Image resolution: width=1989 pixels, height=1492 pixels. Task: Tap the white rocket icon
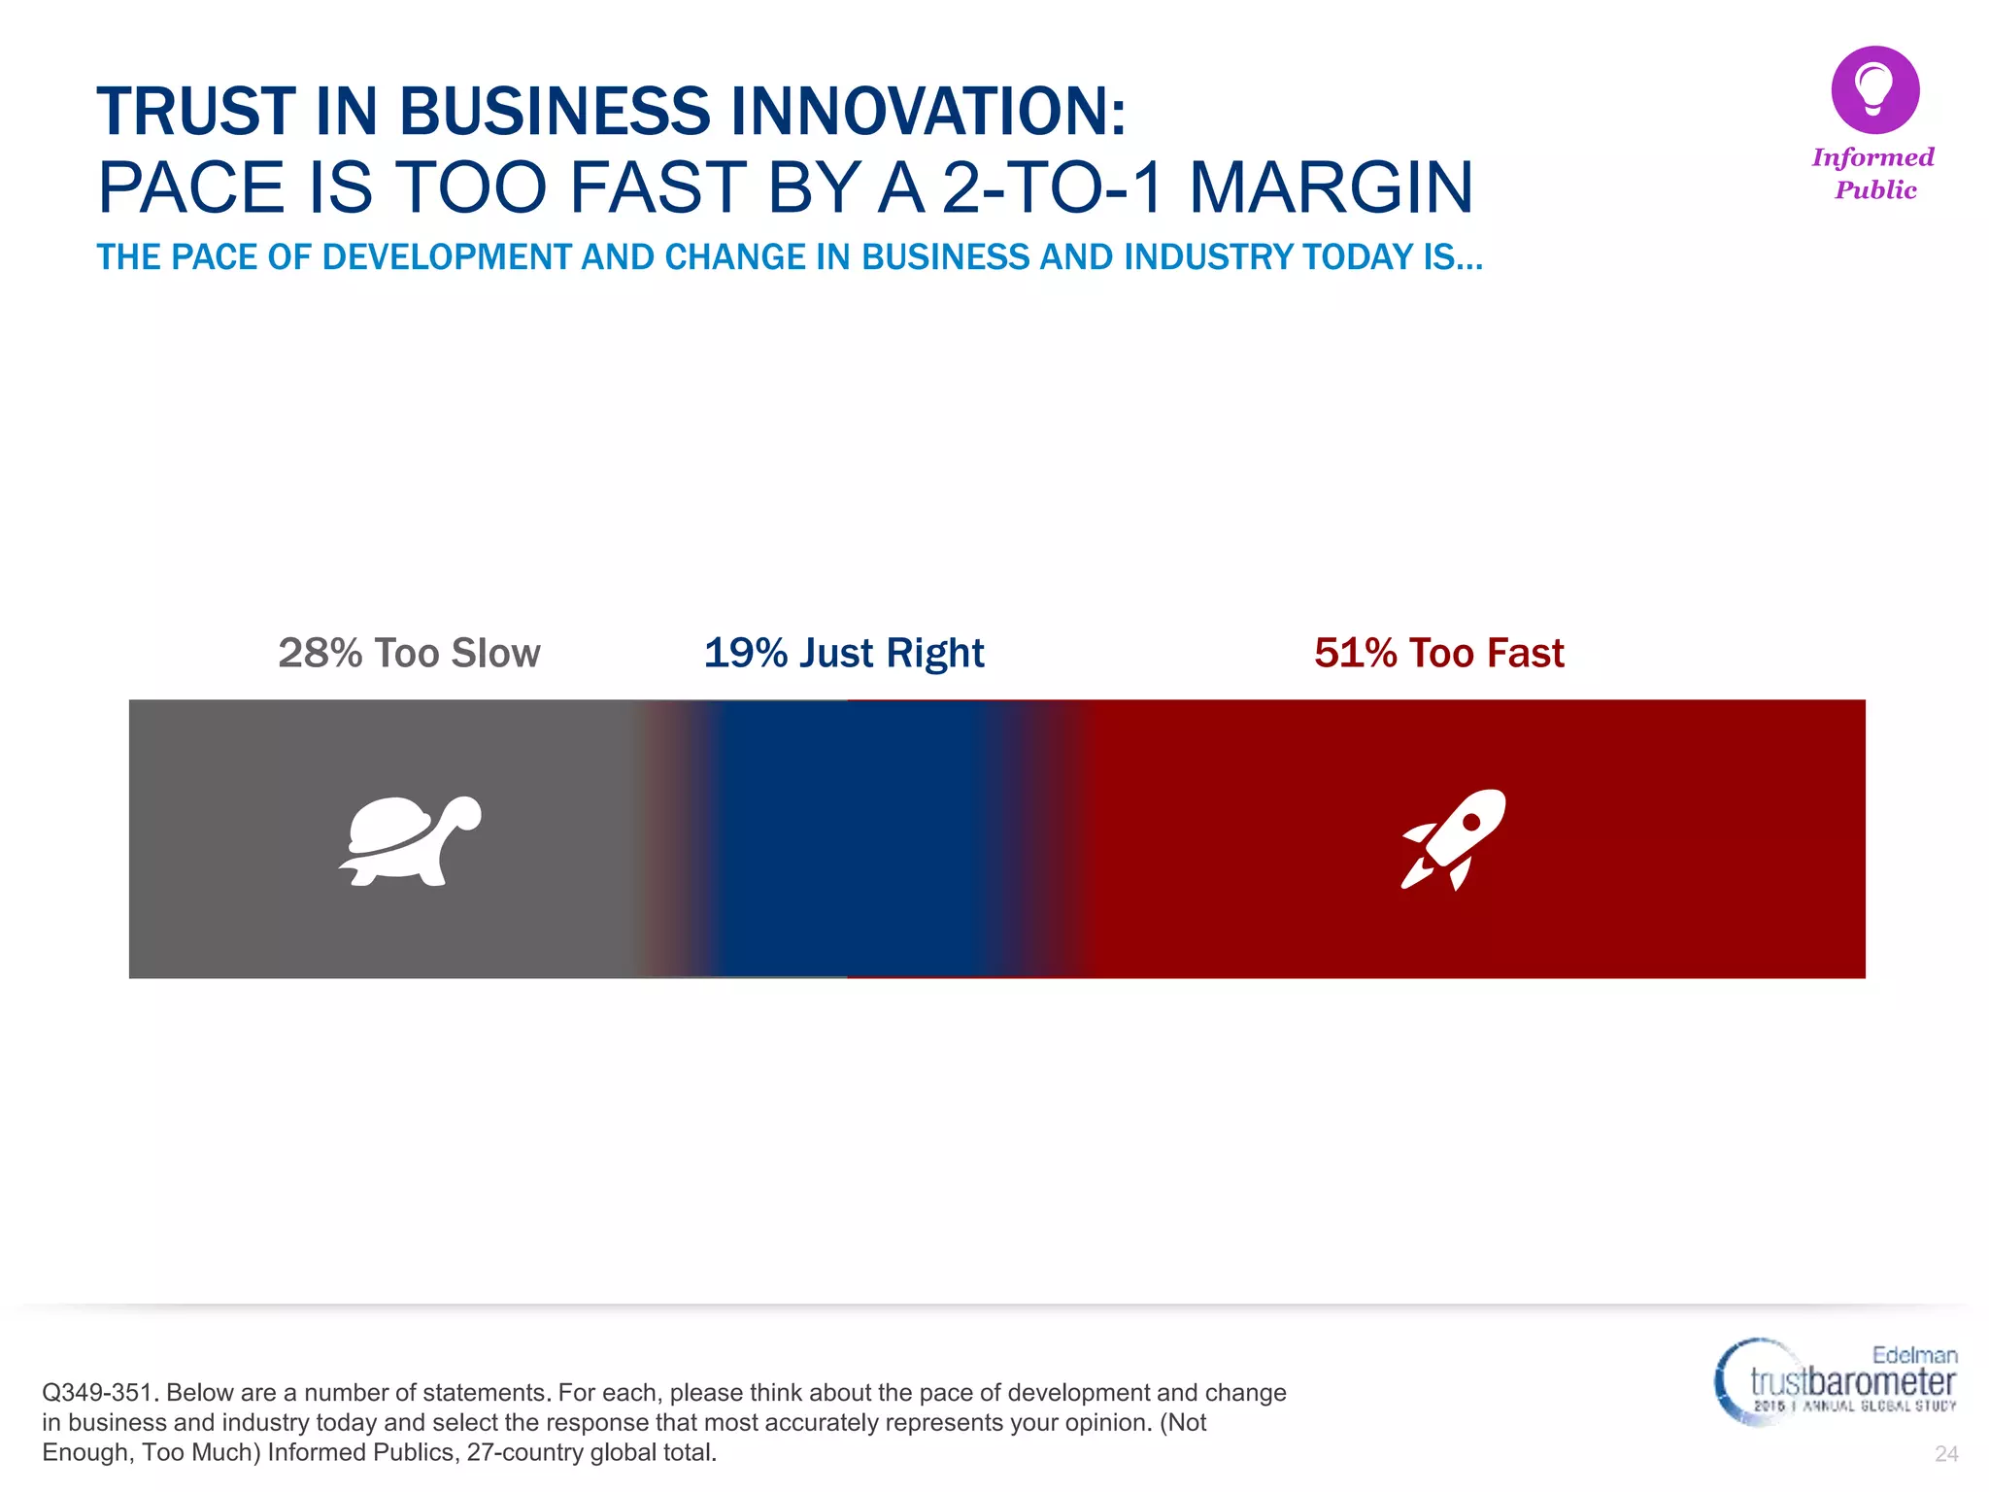tap(1454, 839)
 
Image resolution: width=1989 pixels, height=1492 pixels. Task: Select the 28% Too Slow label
tap(409, 653)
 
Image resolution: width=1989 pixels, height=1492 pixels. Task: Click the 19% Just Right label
tap(844, 653)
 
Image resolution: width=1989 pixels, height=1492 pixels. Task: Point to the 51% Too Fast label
tap(1439, 653)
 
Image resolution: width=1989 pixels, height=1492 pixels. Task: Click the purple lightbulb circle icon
tap(1874, 89)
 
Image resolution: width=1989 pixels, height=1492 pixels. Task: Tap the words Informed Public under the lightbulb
tap(1873, 174)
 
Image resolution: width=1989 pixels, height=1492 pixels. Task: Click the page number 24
tap(1945, 1453)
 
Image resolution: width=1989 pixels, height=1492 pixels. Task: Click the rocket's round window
tap(1471, 822)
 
